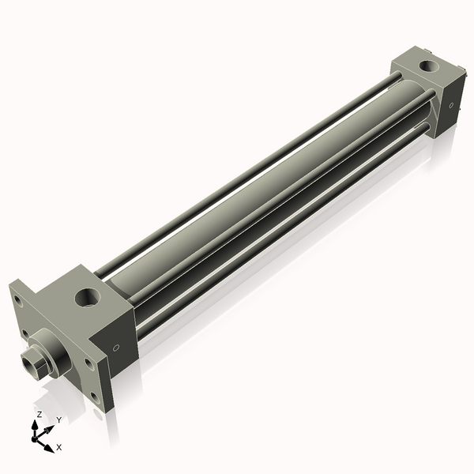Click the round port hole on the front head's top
click(x=85, y=299)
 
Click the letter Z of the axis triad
click(x=39, y=416)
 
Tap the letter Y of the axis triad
click(x=58, y=420)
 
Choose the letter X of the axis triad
click(x=59, y=447)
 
